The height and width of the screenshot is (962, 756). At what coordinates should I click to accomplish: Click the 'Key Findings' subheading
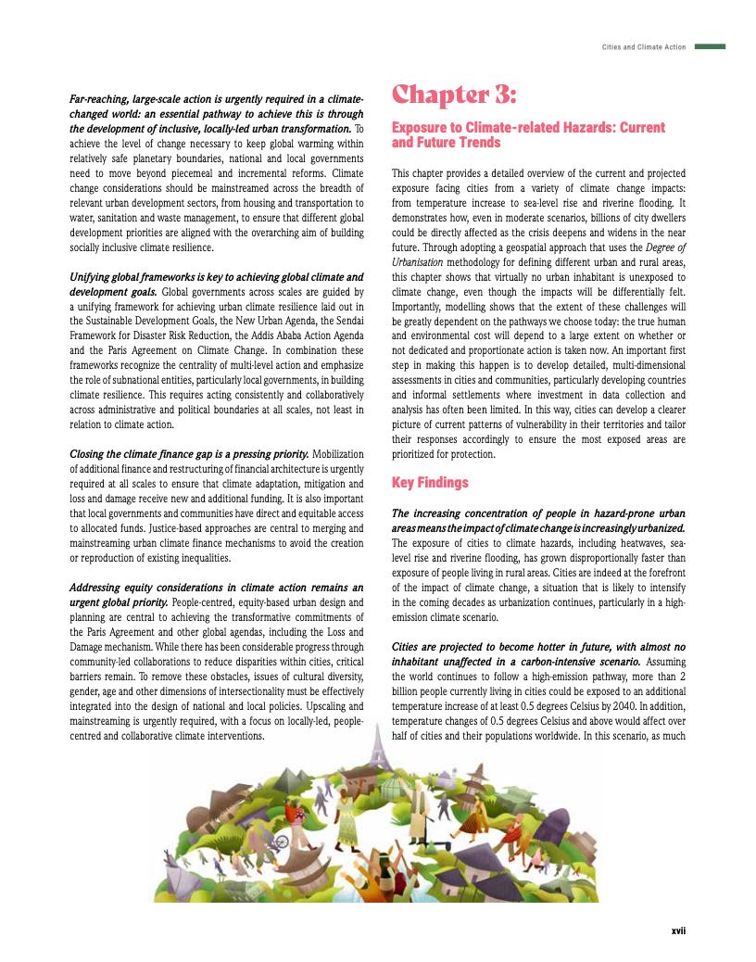430,483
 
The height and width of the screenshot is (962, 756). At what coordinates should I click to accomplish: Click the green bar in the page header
710,46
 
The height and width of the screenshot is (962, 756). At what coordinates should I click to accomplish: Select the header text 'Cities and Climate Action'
643,46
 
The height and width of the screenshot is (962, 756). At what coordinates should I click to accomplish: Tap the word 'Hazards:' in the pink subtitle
579,127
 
